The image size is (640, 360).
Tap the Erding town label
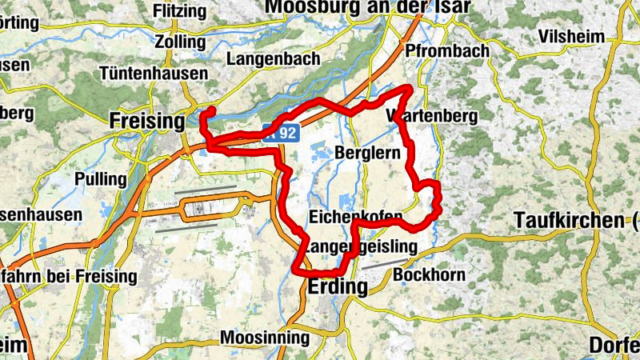pyautogui.click(x=337, y=287)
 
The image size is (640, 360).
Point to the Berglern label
pyautogui.click(x=368, y=152)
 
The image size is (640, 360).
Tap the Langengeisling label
pyautogui.click(x=361, y=247)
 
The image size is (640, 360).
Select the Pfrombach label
pyautogui.click(x=447, y=51)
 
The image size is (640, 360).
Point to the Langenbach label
pyautogui.click(x=274, y=59)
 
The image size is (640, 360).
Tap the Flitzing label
pyautogui.click(x=182, y=12)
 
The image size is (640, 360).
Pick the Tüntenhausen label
pyautogui.click(x=154, y=73)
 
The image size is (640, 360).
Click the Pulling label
pyautogui.click(x=100, y=178)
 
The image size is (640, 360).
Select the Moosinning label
pyautogui.click(x=265, y=337)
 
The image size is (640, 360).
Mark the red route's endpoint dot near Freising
pyautogui.click(x=212, y=110)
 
